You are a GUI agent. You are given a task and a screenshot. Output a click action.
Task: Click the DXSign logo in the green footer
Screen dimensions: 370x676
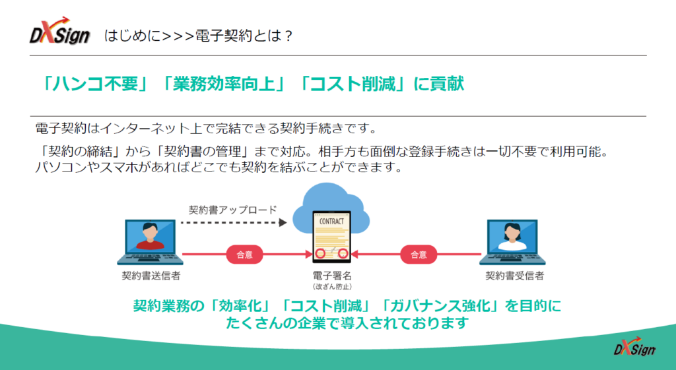pyautogui.click(x=634, y=348)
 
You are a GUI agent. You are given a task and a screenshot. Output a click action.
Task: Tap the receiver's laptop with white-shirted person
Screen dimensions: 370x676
pyautogui.click(x=516, y=241)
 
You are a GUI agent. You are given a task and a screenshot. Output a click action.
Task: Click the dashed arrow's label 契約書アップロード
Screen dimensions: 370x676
pyautogui.click(x=233, y=210)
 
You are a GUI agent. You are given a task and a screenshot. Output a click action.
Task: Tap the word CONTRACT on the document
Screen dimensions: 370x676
pyautogui.click(x=331, y=222)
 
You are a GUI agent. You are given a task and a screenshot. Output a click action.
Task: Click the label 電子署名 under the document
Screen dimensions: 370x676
pyautogui.click(x=332, y=275)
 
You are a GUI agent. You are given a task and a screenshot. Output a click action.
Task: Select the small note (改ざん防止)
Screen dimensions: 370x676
pyautogui.click(x=332, y=286)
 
